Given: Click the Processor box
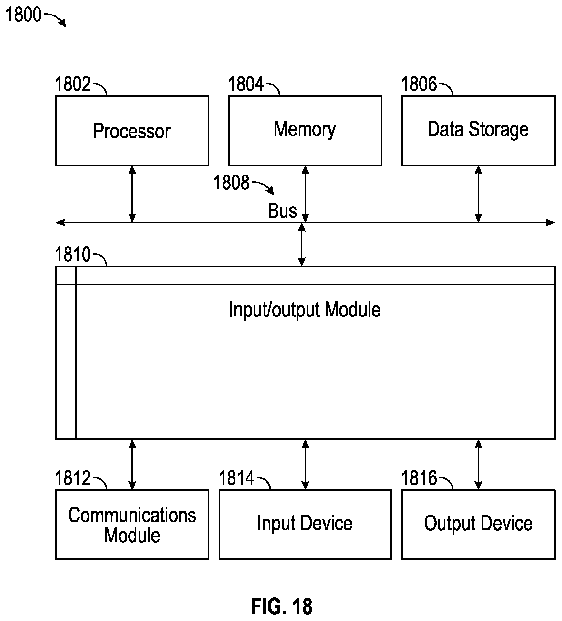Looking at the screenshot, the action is point(132,131).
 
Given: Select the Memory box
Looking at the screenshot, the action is point(305,131).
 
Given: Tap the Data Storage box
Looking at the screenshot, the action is point(478,131).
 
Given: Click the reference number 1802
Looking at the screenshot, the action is point(73,84).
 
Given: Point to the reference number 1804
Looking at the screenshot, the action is point(246,84).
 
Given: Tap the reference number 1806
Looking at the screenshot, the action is point(419,84).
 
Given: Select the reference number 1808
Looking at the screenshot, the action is point(232,183).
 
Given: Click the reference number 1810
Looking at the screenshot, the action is point(73,255).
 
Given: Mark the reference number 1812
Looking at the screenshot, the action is point(73,478).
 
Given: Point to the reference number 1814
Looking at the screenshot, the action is point(236,478).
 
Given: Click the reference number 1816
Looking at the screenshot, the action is point(419,478).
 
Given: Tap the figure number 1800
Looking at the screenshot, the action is point(24,15).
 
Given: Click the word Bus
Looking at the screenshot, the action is point(282,211).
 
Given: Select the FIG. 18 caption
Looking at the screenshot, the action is point(282,606).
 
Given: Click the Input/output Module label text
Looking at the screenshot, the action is point(305,310).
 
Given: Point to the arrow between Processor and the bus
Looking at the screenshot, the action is point(132,194).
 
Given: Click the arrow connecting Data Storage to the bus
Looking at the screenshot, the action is point(478,194).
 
